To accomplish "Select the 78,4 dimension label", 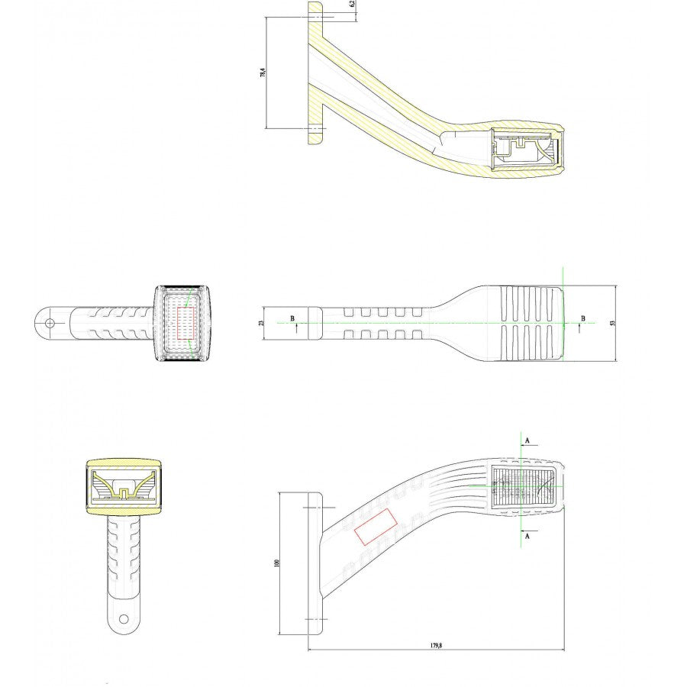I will coord(263,73).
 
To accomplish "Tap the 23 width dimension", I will coord(262,323).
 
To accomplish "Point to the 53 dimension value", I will coord(612,323).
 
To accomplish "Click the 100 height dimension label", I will coord(277,563).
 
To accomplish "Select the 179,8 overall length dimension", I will coord(437,645).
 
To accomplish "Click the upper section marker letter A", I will coord(527,440).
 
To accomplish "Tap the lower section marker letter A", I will coord(527,537).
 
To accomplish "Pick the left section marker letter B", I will coord(291,318).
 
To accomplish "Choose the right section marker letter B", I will coord(582,318).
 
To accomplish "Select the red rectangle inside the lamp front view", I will coord(186,324).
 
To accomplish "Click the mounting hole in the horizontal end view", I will coord(50,323).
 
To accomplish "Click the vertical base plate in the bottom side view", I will coord(314,563).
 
